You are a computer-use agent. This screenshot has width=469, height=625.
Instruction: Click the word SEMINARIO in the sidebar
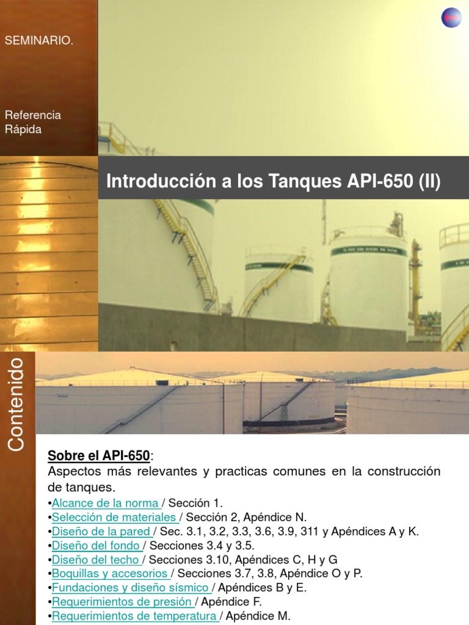click(39, 41)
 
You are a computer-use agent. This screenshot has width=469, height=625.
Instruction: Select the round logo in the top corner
click(452, 18)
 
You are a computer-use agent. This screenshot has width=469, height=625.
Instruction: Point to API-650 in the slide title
click(376, 182)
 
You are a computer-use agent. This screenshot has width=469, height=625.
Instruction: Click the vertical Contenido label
click(16, 405)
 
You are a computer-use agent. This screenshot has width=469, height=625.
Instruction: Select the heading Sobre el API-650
click(98, 455)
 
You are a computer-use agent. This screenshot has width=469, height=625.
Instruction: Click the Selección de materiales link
click(114, 517)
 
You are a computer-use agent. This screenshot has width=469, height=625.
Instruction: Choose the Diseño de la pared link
click(101, 531)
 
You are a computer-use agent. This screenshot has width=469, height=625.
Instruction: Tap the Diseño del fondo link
click(96, 545)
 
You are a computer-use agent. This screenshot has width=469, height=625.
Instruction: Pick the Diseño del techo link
click(96, 559)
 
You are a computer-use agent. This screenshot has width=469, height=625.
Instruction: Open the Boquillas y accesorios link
click(110, 573)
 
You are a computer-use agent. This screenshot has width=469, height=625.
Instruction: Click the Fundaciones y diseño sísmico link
click(131, 588)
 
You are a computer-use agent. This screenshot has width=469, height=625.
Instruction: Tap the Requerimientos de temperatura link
click(134, 616)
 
